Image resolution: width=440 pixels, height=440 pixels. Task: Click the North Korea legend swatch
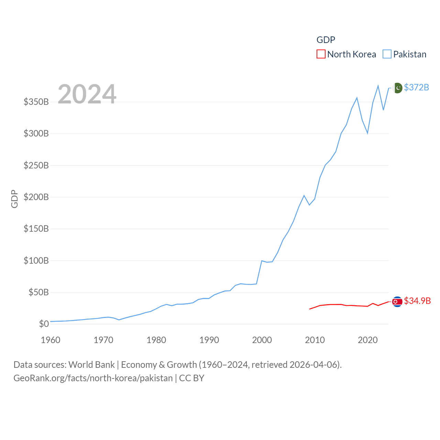(321, 54)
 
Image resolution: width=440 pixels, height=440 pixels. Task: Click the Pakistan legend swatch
(387, 54)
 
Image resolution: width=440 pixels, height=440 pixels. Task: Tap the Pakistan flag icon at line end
(397, 88)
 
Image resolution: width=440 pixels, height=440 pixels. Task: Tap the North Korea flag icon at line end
(397, 301)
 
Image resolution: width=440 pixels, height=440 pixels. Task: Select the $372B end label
(416, 87)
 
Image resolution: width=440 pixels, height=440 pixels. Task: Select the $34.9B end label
(417, 301)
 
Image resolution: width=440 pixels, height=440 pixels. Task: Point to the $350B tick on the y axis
(36, 102)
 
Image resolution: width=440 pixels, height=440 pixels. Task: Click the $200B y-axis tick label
(36, 197)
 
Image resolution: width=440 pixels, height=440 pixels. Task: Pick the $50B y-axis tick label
(38, 292)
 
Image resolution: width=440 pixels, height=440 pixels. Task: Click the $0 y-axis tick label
(44, 324)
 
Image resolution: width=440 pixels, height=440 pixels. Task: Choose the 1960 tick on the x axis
(51, 340)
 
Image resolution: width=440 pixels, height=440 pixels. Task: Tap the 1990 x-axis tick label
(209, 340)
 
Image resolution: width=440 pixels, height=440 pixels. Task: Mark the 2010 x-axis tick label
(315, 340)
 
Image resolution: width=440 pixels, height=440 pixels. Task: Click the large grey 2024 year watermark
(87, 94)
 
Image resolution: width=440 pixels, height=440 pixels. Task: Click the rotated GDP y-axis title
(14, 199)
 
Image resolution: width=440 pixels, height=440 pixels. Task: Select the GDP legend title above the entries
(326, 40)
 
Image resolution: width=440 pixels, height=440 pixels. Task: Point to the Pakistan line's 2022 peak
(378, 86)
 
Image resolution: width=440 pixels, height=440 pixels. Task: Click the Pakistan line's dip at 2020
(367, 133)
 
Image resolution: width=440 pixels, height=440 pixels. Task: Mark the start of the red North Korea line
(310, 309)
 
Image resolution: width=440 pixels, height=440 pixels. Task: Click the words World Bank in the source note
(91, 365)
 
